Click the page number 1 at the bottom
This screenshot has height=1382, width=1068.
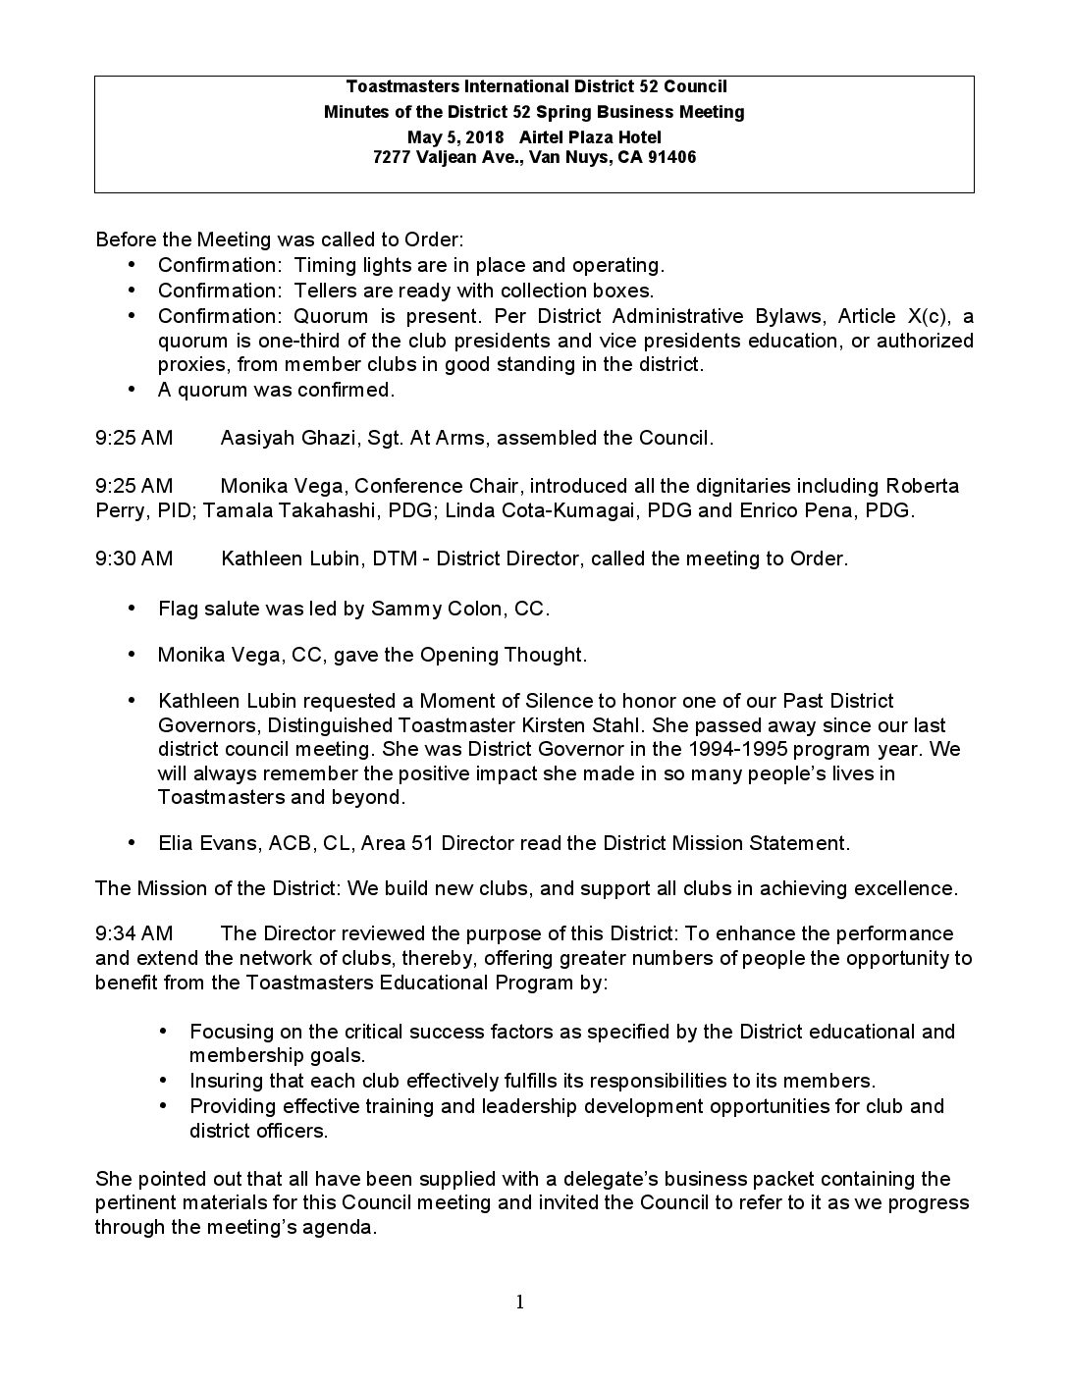(519, 1302)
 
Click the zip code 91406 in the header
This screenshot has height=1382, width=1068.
(671, 157)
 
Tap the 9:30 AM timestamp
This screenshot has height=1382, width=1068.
(133, 558)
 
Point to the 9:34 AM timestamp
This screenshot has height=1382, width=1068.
(133, 932)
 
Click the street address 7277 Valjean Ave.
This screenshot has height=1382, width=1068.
(447, 157)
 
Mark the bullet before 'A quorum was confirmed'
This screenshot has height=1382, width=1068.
(133, 390)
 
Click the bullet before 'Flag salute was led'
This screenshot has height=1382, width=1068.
(133, 609)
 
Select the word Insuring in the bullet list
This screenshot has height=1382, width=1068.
(226, 1081)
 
